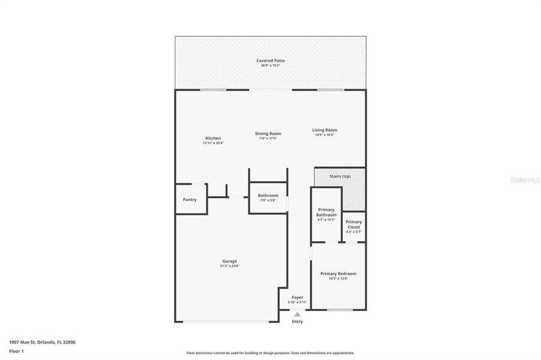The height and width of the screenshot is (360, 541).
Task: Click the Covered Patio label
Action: pos(270,61)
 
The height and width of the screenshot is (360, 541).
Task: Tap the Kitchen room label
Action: pos(213,138)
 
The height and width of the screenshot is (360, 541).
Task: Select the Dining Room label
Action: pos(268,133)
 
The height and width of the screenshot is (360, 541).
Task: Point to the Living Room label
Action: pos(324,130)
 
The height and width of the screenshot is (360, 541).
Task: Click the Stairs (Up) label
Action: pos(340,176)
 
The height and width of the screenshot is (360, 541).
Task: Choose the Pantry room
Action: pos(190,200)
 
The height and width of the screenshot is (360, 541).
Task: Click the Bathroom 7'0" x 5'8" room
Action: pos(268,197)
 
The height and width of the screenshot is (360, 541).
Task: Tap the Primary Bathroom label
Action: pos(326,212)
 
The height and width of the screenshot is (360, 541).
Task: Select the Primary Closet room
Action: pos(354,225)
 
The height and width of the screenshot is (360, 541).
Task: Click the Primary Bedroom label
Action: pos(338,274)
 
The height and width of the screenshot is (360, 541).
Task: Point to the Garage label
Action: pos(229,261)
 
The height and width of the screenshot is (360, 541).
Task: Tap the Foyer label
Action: pos(297,297)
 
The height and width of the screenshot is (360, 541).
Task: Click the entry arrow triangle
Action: pos(297,313)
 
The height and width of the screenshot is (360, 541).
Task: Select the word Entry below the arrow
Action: pos(297,322)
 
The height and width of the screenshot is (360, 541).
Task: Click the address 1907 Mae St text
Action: pos(42,342)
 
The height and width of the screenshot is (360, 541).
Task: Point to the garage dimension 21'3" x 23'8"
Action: pos(229,266)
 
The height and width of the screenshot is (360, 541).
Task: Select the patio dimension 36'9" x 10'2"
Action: pos(270,65)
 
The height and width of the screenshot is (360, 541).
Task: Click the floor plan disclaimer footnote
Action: pos(270,353)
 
